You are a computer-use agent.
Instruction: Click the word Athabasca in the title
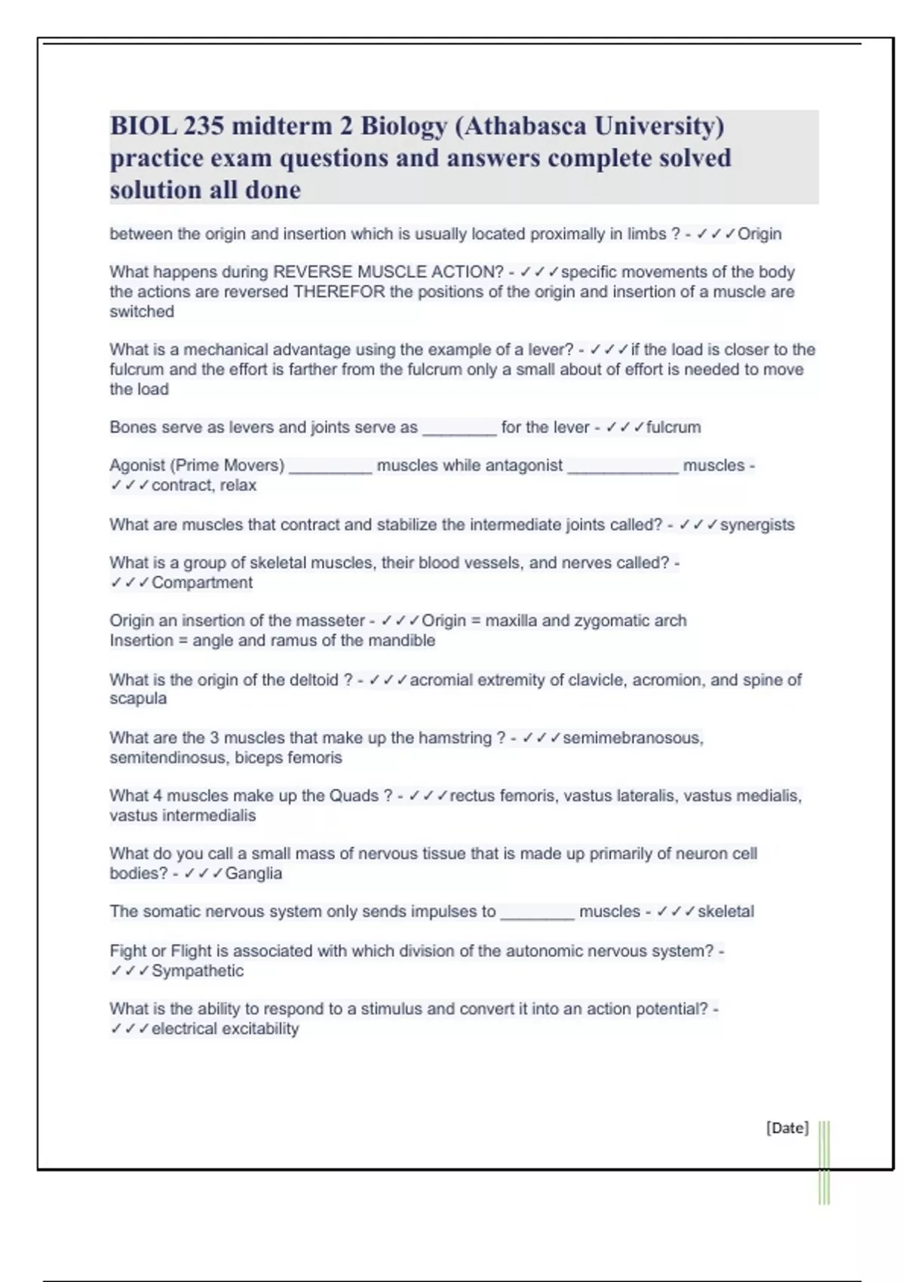(x=526, y=125)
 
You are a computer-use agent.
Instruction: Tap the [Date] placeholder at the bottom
(x=787, y=1127)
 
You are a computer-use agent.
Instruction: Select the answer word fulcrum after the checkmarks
(x=673, y=428)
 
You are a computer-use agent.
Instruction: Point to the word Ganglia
(x=253, y=873)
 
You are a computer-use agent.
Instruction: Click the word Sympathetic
(x=198, y=971)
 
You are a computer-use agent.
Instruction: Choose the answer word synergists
(x=757, y=525)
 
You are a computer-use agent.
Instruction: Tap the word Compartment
(x=202, y=582)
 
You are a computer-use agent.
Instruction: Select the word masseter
(x=330, y=621)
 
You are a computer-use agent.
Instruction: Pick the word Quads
(x=354, y=796)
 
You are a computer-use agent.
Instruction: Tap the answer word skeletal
(x=726, y=911)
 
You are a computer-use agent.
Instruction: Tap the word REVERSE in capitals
(x=312, y=272)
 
